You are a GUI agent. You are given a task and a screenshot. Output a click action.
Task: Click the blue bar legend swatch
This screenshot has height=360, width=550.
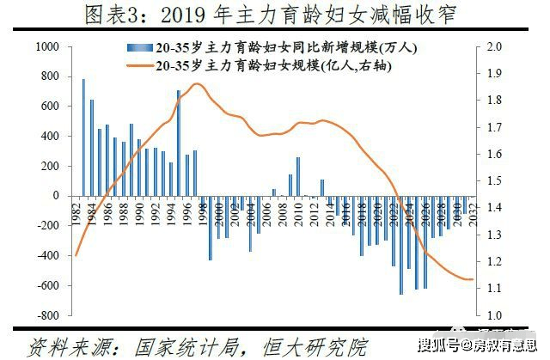pyautogui.click(x=131, y=48)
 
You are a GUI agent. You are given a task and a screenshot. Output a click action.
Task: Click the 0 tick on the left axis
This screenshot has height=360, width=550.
pyautogui.click(x=54, y=196)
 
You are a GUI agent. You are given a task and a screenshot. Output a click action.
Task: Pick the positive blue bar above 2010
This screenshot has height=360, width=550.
pyautogui.click(x=298, y=176)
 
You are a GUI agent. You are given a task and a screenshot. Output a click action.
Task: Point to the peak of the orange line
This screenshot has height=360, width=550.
pyautogui.click(x=197, y=83)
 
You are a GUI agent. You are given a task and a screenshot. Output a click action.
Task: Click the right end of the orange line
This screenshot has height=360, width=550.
pyautogui.click(x=472, y=279)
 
